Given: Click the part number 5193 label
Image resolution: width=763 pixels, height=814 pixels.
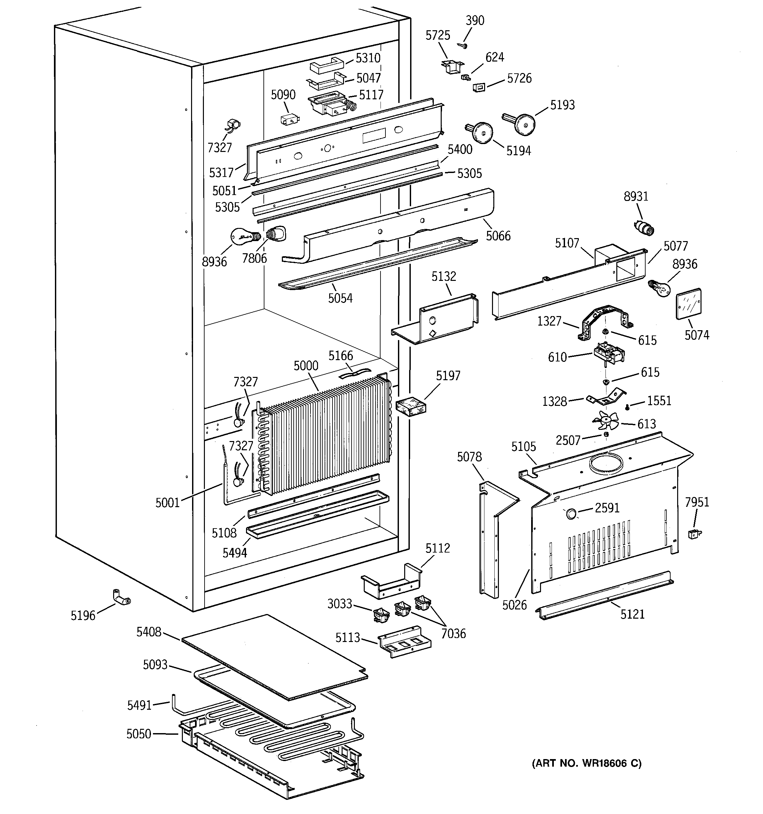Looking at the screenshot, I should (x=562, y=105).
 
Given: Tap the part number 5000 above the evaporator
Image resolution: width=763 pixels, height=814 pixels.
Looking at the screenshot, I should (x=306, y=366).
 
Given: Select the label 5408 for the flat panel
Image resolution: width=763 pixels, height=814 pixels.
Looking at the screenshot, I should (x=149, y=632).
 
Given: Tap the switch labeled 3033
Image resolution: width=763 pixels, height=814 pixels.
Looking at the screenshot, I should (x=381, y=615).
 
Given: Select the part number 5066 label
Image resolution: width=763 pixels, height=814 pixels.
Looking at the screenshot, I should (x=498, y=236).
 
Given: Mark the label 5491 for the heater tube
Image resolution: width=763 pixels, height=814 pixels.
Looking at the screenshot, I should (x=139, y=705).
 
